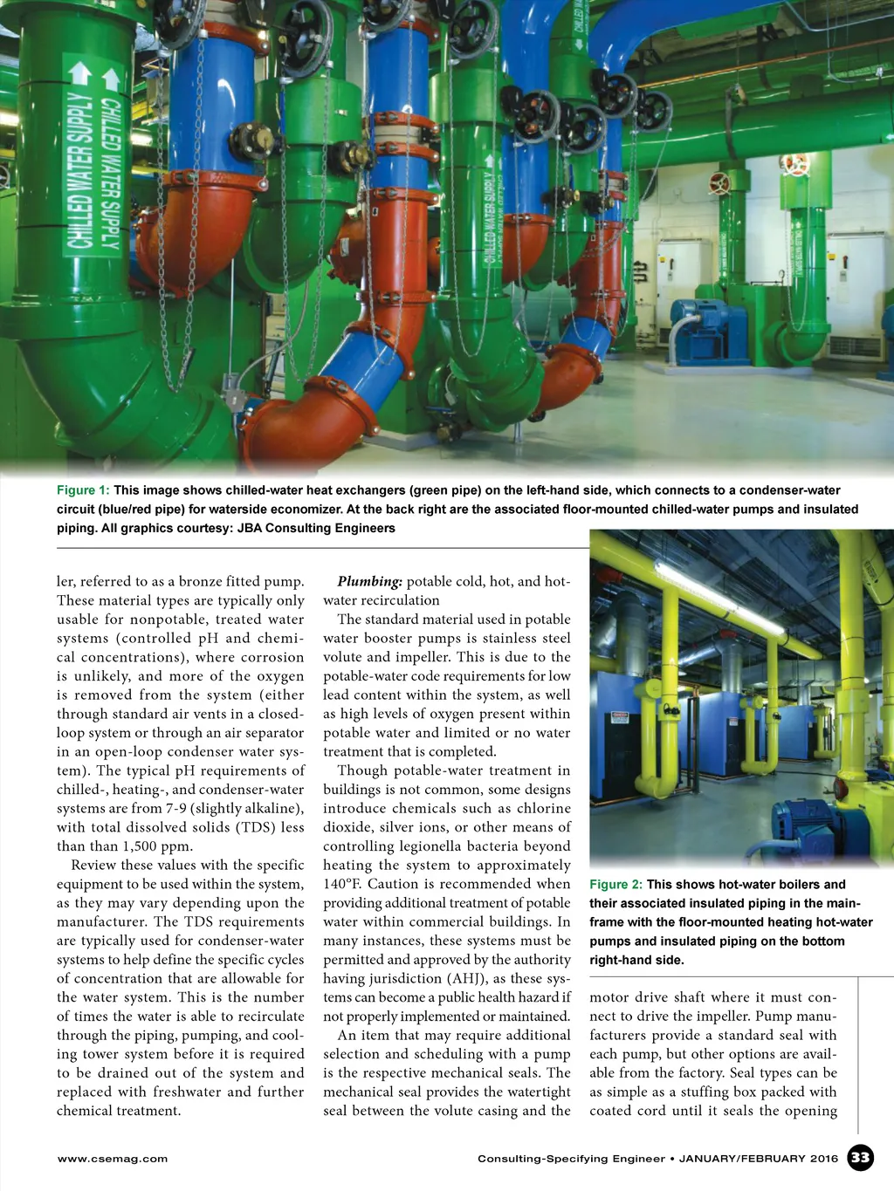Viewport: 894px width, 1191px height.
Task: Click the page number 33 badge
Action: click(861, 1158)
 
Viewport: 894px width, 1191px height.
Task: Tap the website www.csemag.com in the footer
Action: click(112, 1159)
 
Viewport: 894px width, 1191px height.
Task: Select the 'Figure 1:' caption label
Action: click(83, 490)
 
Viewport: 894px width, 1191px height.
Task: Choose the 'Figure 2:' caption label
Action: click(615, 884)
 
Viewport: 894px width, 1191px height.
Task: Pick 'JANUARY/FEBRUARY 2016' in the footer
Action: click(758, 1159)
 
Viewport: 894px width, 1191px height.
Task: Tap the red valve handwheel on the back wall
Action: click(794, 165)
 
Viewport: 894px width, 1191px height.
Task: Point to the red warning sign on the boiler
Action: click(619, 716)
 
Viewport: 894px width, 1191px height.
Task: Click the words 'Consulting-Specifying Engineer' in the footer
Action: click(571, 1159)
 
